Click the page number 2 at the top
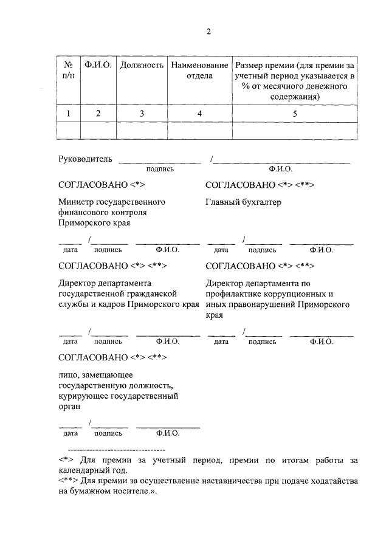click(208, 32)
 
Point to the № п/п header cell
click(68, 70)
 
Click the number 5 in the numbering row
click(295, 113)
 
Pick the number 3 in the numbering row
click(142, 113)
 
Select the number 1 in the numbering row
click(68, 113)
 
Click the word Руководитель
click(85, 159)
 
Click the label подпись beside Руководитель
click(160, 170)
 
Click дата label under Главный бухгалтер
click(221, 250)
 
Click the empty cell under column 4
click(199, 131)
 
